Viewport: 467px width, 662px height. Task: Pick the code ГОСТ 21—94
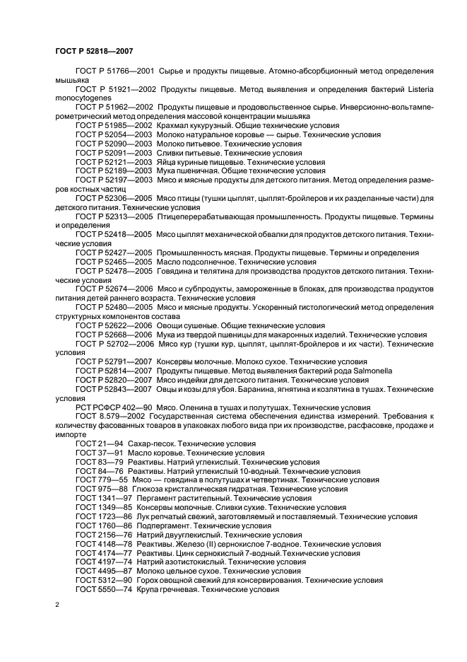click(95, 443)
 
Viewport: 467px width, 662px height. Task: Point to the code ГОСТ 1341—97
click(101, 498)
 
